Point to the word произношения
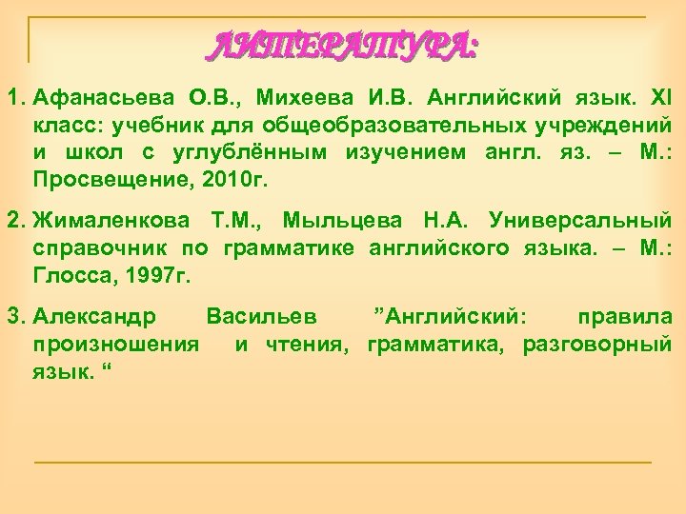click(115, 343)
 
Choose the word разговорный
click(597, 343)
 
